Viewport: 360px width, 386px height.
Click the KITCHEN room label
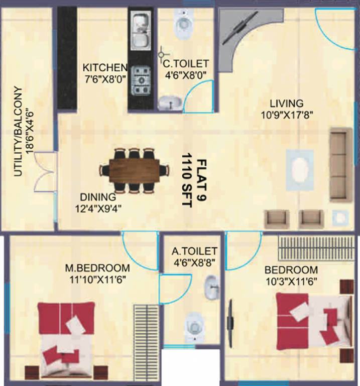pos(105,67)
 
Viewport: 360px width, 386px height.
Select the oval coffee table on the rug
pos(300,167)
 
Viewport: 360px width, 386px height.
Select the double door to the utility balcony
pos(44,173)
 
